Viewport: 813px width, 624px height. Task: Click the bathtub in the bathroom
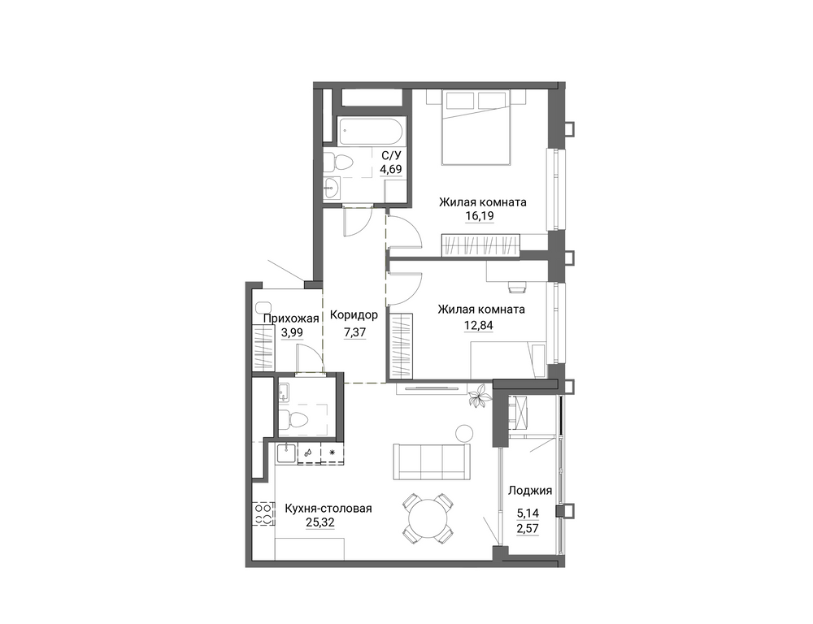(x=372, y=131)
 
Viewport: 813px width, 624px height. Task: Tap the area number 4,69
(x=391, y=169)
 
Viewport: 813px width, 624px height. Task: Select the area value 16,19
(x=480, y=215)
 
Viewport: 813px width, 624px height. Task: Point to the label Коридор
(x=354, y=314)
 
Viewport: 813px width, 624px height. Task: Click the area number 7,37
(x=354, y=332)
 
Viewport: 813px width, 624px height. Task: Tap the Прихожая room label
(x=291, y=318)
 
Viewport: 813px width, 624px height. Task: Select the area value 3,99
(x=291, y=333)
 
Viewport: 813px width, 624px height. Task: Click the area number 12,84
(x=479, y=326)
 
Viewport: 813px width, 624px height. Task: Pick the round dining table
(x=428, y=519)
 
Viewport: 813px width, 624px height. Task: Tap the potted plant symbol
(x=479, y=396)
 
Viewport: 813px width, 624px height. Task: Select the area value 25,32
(x=320, y=522)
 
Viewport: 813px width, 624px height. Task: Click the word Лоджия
(x=530, y=490)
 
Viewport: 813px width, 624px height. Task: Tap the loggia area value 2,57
(x=528, y=528)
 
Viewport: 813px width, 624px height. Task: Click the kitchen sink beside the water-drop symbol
(x=285, y=454)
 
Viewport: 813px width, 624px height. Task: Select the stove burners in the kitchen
(x=263, y=513)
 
